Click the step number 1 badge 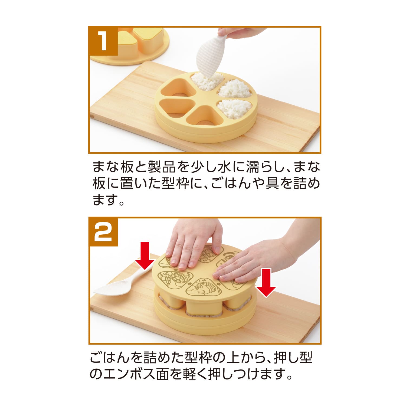click(x=103, y=41)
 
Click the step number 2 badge click(x=103, y=232)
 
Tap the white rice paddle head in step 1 click(x=210, y=58)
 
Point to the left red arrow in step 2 click(x=146, y=256)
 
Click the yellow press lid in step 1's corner click(x=130, y=43)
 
